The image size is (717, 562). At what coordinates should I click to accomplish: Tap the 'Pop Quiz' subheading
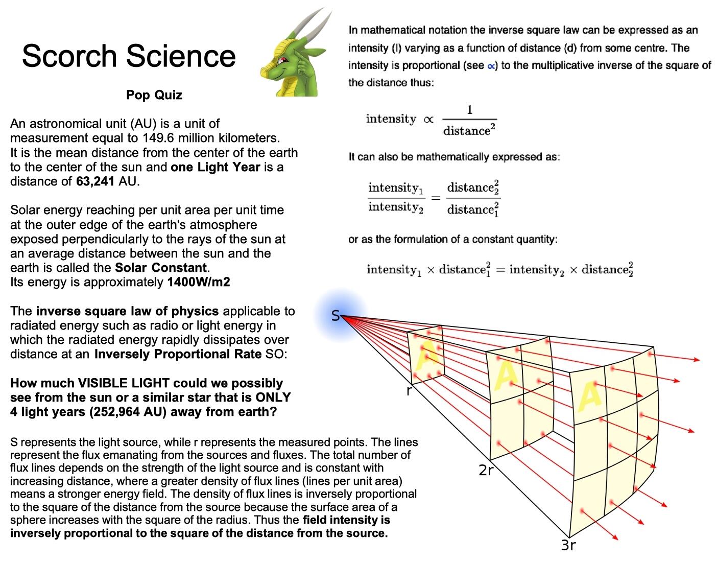[154, 95]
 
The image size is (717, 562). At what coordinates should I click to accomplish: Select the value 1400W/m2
[199, 282]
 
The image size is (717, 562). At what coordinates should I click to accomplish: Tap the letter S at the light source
[335, 316]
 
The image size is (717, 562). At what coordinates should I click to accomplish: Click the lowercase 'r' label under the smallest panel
[409, 392]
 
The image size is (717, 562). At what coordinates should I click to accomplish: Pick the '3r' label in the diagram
[568, 545]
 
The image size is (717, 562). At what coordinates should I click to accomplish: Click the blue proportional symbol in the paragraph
[491, 65]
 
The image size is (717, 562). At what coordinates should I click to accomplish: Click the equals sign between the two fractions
[435, 198]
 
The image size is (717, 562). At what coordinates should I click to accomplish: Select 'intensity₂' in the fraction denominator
[396, 207]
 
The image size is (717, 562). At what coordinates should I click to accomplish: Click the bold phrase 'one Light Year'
[216, 167]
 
